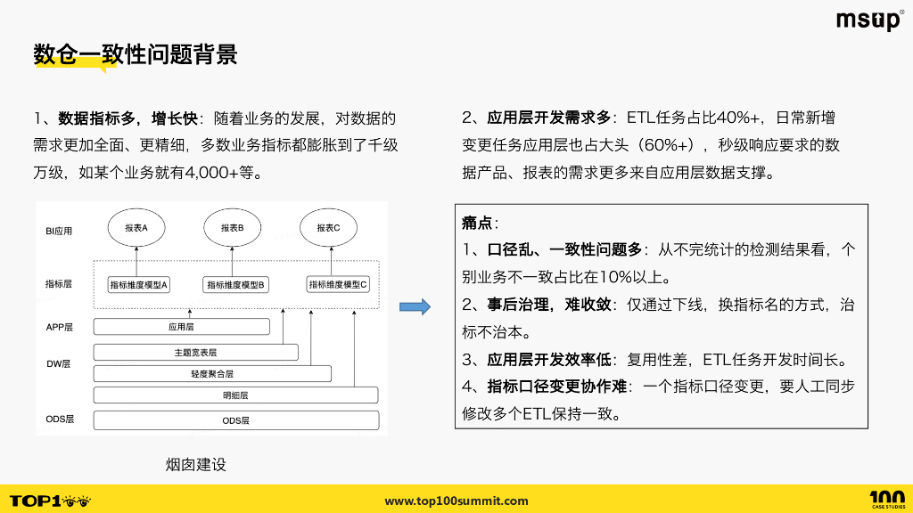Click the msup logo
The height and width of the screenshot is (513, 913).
[869, 20]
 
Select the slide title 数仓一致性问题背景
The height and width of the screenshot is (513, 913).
[136, 54]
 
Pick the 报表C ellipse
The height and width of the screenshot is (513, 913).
[328, 228]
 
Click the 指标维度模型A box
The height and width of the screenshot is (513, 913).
[138, 284]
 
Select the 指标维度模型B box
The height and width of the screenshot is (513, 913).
[238, 284]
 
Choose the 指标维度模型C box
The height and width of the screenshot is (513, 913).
[338, 284]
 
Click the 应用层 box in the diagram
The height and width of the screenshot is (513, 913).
[181, 327]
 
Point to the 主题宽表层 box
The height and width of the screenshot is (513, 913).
[196, 352]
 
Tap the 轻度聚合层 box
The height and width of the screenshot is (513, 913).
[212, 374]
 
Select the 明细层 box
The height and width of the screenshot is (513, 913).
[235, 395]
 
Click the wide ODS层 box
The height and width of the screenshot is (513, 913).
[235, 419]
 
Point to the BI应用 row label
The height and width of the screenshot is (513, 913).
[59, 231]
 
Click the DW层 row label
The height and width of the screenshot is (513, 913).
[58, 364]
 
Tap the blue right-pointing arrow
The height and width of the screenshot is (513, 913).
[415, 307]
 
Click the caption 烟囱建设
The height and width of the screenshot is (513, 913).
[196, 464]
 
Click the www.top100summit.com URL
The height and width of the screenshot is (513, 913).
[456, 501]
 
